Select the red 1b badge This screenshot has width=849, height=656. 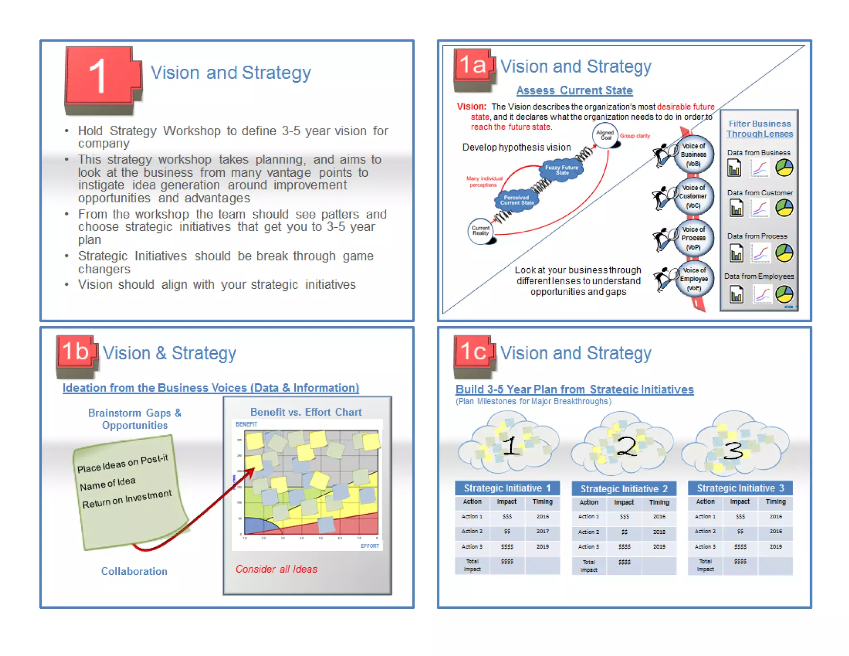(x=76, y=352)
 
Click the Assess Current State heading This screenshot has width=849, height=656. (x=574, y=90)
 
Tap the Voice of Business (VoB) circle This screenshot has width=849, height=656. (x=693, y=155)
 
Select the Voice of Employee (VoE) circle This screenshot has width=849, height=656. (x=694, y=279)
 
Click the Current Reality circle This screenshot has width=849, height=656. (x=481, y=231)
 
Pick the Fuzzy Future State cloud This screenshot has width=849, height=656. (x=561, y=170)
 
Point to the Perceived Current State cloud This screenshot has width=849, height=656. (x=517, y=200)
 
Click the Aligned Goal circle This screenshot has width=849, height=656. (x=605, y=135)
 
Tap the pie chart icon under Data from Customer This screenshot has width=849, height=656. (x=784, y=208)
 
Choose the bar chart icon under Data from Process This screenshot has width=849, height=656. (x=736, y=253)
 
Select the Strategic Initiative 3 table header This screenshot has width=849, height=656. (x=740, y=488)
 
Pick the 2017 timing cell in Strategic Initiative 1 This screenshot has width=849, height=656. (x=542, y=531)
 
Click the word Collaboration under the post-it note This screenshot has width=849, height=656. (x=134, y=571)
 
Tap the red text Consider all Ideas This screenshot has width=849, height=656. (x=276, y=569)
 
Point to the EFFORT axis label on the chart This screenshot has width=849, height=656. (x=369, y=546)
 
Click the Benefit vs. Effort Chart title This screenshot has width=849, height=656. (x=306, y=412)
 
